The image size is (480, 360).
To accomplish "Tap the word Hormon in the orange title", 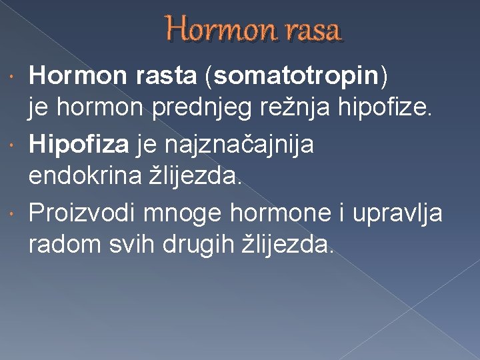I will pyautogui.click(x=217, y=31).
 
